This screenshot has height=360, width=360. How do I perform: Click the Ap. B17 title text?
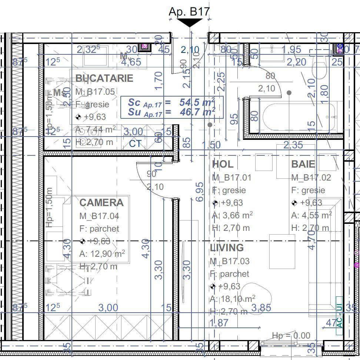[189, 11]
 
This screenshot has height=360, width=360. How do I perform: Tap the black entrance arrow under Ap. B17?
[190, 23]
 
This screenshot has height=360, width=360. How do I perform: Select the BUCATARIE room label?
[104, 78]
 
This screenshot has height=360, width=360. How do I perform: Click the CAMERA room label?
[101, 202]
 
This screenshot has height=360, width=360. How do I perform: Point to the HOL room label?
[223, 164]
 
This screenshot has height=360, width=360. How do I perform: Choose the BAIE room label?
[303, 164]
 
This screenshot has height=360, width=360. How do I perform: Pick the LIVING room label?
[227, 248]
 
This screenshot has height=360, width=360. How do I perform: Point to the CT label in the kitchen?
[135, 144]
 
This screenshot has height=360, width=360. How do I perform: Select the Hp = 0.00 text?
[291, 336]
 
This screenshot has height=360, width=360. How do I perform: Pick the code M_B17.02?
[311, 178]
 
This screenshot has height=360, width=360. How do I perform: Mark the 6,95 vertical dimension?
[200, 192]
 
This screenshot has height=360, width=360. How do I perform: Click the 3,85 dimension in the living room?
[261, 307]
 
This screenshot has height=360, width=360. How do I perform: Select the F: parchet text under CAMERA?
[99, 229]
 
